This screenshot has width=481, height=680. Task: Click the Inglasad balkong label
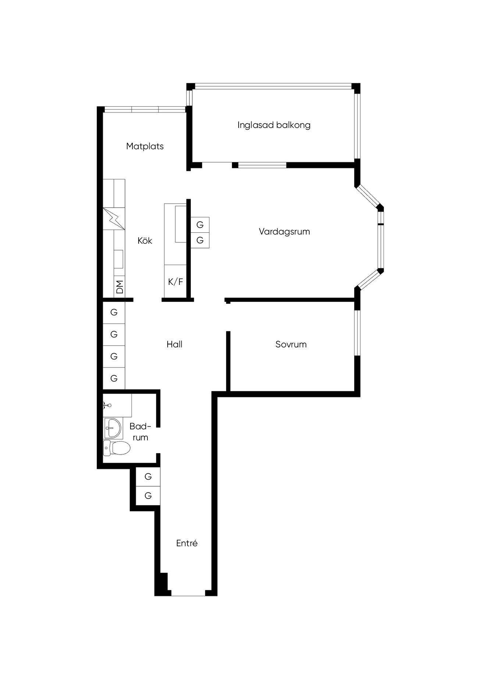pyautogui.click(x=274, y=125)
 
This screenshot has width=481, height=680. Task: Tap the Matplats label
pyautogui.click(x=145, y=146)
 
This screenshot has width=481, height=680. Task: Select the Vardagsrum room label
pyautogui.click(x=284, y=232)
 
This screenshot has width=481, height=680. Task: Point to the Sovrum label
pyautogui.click(x=291, y=344)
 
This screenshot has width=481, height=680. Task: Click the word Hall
pyautogui.click(x=174, y=344)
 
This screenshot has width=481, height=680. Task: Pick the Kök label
pyautogui.click(x=145, y=241)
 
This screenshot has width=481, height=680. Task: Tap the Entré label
pyautogui.click(x=187, y=543)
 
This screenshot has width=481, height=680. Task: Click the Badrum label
pyautogui.click(x=140, y=432)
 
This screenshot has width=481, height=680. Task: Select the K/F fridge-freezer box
pyautogui.click(x=175, y=282)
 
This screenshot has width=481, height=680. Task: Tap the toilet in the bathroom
pyautogui.click(x=117, y=448)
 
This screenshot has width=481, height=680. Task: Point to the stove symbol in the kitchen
pyautogui.click(x=114, y=219)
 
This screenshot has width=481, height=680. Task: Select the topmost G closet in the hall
pyautogui.click(x=114, y=312)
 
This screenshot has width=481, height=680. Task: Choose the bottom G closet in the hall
pyautogui.click(x=114, y=378)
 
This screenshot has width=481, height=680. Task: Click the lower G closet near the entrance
pyautogui.click(x=148, y=496)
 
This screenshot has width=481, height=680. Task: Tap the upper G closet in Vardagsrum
pyautogui.click(x=200, y=225)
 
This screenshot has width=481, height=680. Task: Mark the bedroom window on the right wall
pyautogui.click(x=357, y=333)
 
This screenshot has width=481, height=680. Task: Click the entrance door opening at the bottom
pyautogui.click(x=188, y=593)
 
